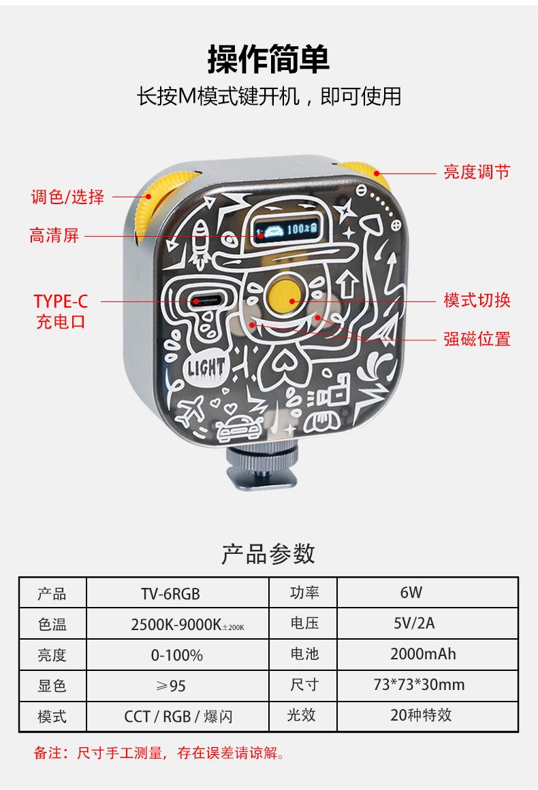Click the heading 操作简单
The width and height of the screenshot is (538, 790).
(x=268, y=59)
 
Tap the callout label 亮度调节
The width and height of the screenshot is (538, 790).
(x=476, y=172)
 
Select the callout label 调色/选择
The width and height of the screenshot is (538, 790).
(x=67, y=197)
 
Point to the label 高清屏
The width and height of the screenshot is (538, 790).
(x=54, y=236)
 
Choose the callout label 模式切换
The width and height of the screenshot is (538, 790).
(x=477, y=300)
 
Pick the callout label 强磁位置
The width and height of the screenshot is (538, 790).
(x=477, y=338)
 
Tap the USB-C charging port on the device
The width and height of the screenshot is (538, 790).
(x=204, y=301)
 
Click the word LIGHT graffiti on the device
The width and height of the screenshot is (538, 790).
(x=206, y=368)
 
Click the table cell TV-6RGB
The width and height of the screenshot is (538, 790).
(x=170, y=593)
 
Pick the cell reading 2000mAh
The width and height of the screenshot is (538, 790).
(x=423, y=654)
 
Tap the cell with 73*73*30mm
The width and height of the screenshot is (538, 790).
(x=419, y=685)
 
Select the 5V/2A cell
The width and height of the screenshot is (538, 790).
(x=413, y=623)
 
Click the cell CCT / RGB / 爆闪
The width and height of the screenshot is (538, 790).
(x=178, y=717)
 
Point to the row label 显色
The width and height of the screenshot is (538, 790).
(x=52, y=685)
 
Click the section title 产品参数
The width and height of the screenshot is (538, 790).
(x=268, y=554)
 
